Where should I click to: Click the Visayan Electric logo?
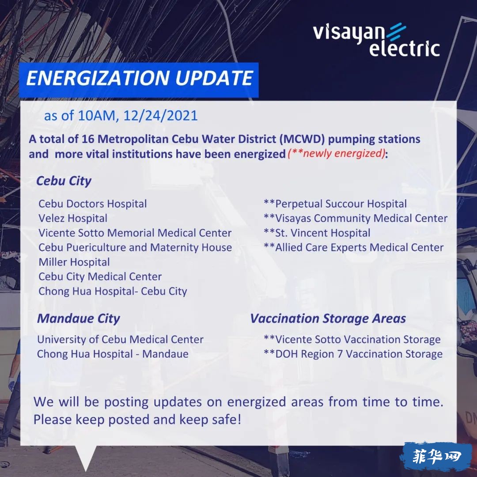(376, 40)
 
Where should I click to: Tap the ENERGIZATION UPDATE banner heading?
(139, 78)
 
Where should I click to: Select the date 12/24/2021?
(160, 116)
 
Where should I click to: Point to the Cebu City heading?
(64, 181)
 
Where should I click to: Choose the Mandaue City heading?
(79, 318)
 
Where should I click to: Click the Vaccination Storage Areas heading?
(328, 318)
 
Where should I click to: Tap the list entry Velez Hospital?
(73, 218)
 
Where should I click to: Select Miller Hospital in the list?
(74, 262)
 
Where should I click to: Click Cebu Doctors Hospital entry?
(93, 204)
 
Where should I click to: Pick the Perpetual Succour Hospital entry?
(335, 204)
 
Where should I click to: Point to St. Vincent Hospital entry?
(317, 233)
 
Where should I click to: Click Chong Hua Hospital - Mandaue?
(113, 354)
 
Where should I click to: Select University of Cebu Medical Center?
(120, 339)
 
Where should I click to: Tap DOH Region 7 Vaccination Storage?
(353, 354)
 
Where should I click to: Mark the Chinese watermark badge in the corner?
(437, 457)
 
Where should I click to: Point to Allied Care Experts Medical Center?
(354, 247)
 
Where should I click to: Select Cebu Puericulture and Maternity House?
(135, 247)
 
